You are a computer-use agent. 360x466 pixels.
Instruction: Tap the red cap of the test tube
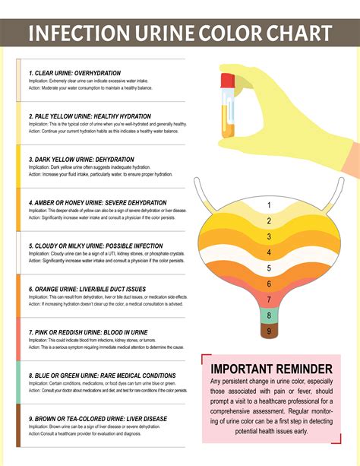pos(227,78)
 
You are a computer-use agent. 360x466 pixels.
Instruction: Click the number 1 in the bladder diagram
pos(269,205)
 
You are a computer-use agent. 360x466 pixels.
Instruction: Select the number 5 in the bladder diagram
pos(269,268)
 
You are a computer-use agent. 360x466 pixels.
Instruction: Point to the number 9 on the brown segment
pos(269,331)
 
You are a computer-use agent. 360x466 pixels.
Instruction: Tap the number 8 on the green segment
pos(269,315)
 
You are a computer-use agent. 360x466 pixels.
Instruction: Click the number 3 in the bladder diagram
pos(269,236)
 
